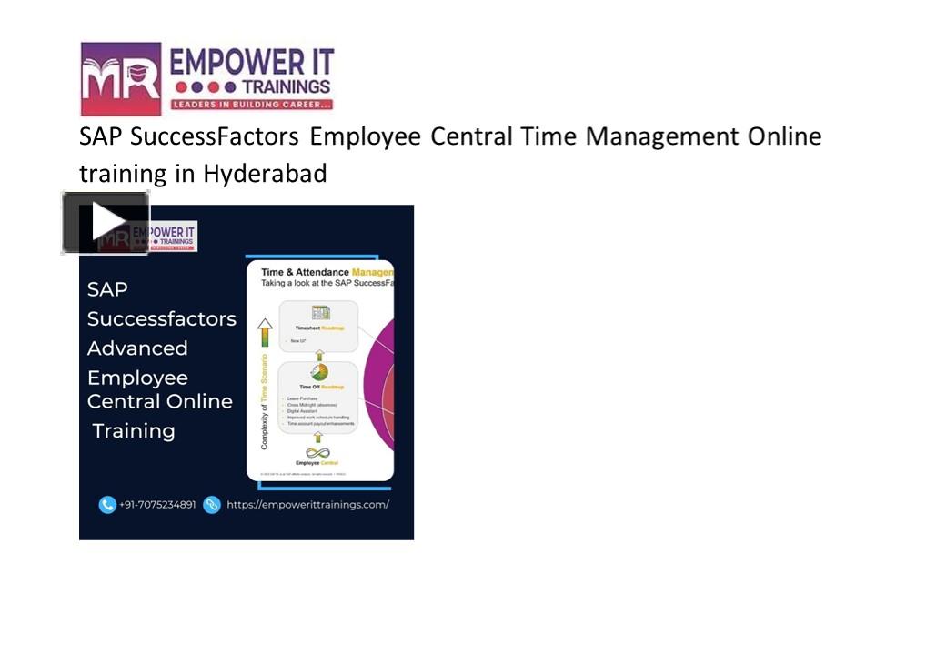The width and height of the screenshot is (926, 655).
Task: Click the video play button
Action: click(106, 222)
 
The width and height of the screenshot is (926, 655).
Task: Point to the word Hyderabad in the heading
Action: click(265, 173)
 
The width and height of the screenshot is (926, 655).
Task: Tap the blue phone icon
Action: click(107, 504)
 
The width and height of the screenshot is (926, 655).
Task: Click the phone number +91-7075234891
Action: click(157, 504)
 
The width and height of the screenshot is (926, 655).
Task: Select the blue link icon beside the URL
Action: click(212, 504)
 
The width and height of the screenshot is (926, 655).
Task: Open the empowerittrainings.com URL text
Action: click(307, 504)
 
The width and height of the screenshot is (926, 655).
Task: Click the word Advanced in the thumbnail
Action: click(137, 348)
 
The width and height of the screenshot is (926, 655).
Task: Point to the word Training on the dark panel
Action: click(134, 431)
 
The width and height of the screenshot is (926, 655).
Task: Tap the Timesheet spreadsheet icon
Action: click(319, 313)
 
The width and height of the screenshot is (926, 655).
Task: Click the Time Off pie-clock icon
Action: click(318, 371)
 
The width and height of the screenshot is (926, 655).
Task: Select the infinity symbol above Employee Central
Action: click(317, 452)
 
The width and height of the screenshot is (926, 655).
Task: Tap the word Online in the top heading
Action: click(784, 137)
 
